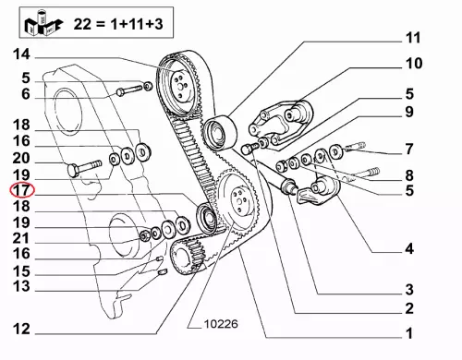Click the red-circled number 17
click(22, 190)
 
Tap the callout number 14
click(21, 54)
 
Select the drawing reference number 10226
click(221, 324)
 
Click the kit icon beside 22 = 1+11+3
click(43, 23)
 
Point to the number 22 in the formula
click(82, 23)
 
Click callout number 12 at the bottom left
click(21, 329)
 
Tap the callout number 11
click(413, 38)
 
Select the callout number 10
click(414, 64)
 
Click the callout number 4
click(409, 248)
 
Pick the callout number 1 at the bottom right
click(409, 333)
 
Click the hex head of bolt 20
click(73, 170)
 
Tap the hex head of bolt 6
click(120, 91)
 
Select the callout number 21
click(21, 238)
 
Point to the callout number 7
click(408, 150)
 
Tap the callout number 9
click(409, 112)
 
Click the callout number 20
click(21, 158)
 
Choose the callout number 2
click(409, 308)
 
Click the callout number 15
click(21, 271)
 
